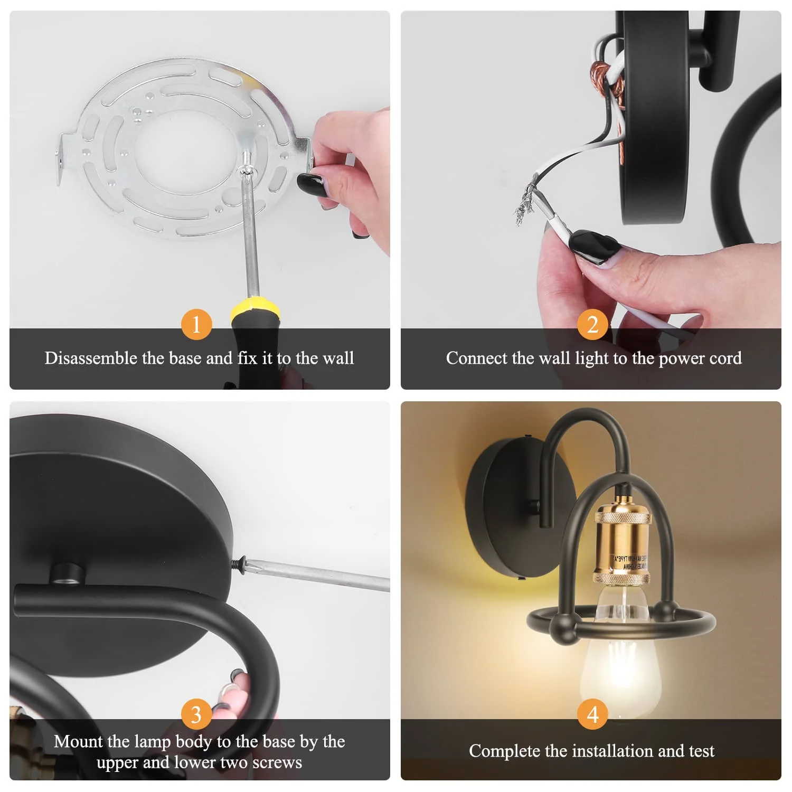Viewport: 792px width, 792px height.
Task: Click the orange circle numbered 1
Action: coord(196,324)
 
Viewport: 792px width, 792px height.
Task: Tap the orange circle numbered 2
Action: coord(592,324)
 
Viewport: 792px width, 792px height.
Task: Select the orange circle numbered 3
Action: coord(196,714)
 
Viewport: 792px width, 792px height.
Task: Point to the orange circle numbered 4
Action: coord(592,714)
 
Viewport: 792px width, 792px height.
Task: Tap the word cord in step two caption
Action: coord(725,359)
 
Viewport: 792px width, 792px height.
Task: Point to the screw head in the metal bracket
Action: coord(246,169)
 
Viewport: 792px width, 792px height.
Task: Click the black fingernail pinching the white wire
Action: coord(593,246)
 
